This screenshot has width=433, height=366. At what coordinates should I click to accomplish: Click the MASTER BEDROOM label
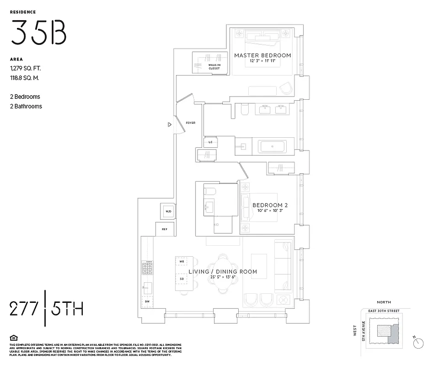click(262, 55)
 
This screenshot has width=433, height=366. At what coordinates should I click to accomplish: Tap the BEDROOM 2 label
click(270, 205)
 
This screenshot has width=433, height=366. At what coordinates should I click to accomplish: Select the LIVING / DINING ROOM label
click(223, 272)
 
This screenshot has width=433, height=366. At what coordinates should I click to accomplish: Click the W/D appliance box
click(168, 211)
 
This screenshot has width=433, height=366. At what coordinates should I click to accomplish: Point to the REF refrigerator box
click(165, 229)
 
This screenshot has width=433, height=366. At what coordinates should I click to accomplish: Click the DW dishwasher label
click(147, 302)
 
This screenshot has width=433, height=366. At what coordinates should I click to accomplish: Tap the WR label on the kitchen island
click(182, 262)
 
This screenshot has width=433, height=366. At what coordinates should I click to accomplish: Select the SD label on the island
click(182, 279)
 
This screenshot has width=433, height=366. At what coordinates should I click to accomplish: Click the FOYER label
click(191, 123)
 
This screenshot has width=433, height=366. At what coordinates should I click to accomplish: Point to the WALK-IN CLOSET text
click(214, 67)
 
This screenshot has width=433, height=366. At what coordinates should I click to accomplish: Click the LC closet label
click(211, 142)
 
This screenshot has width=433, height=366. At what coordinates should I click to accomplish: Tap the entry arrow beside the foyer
click(170, 124)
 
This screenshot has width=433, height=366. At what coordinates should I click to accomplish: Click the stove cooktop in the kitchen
click(147, 268)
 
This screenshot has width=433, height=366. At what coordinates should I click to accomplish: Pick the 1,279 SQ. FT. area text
click(26, 69)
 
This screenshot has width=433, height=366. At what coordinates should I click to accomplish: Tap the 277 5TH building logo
click(46, 308)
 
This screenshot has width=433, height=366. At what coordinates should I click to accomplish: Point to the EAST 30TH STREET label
click(384, 311)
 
